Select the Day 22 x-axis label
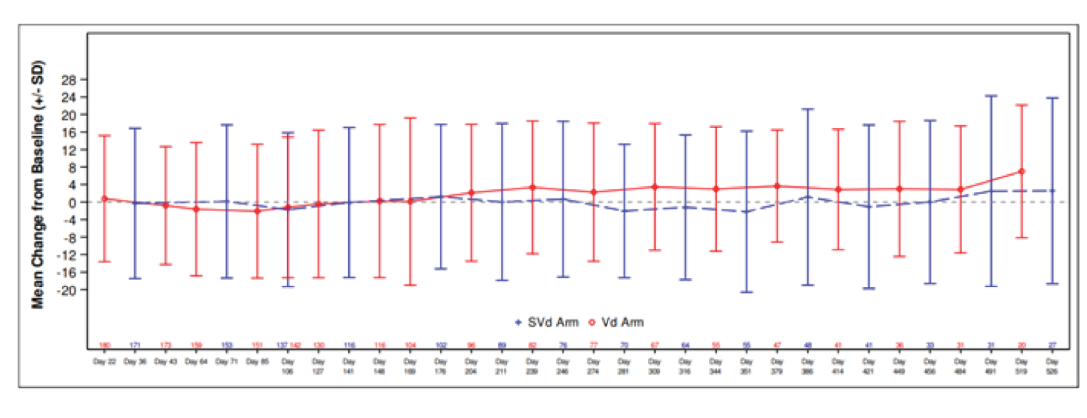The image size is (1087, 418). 104,361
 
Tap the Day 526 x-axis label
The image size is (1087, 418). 1051,365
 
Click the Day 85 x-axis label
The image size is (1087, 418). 256,361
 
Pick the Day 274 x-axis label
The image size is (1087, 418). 593,365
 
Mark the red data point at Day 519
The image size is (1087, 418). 1022,171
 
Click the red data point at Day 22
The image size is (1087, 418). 104,198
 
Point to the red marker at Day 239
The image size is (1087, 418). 532,188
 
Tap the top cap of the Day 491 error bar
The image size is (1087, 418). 991,95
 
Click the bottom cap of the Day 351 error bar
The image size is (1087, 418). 746,292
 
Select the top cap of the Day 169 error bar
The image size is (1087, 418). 410,118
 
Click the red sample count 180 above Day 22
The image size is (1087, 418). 104,345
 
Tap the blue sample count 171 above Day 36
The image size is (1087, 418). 134,345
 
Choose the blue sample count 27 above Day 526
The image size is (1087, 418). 1051,345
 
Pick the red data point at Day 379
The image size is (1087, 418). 777,186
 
